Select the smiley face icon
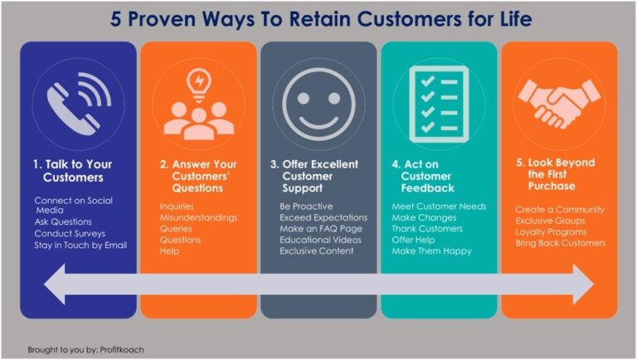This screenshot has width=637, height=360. coord(318,105)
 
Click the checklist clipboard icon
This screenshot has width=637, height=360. coord(439,105)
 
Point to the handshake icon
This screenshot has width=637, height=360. coord(559,104)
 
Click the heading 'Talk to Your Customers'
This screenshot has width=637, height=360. coord(73,171)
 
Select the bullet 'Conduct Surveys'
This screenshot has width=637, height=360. coord(70,234)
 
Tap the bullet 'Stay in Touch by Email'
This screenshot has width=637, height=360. coord(80,245)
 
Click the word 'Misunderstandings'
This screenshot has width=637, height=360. coord(199,217)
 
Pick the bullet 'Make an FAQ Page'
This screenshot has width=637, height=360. coord(321,229)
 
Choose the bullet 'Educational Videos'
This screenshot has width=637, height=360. coord(320,240)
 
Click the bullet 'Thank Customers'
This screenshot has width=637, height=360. coord(427,229)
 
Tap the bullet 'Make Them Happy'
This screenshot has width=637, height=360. coord(431,251)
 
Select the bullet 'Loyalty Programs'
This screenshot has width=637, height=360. coord(552,232)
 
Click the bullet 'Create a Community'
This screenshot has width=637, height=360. coord(560,210)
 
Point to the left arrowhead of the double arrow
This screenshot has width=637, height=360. coord(55,284)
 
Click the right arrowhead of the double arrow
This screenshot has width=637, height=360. coord(583,284)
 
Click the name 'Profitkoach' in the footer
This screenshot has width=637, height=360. coord(122,350)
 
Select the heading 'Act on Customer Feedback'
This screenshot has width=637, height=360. coord(423,176)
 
